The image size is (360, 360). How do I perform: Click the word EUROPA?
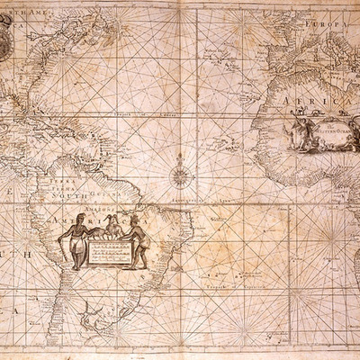[x=331, y=24]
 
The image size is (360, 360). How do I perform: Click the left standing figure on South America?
[x=76, y=238]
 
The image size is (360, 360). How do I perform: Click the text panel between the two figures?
[x=106, y=251]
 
